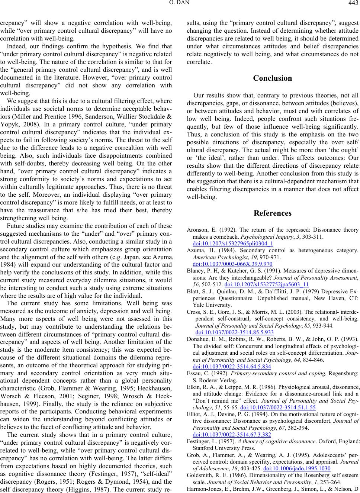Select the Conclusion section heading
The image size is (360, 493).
273,78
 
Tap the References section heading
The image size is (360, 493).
273,213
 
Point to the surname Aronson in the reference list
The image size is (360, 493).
196,230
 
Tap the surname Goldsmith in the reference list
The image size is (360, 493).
200,475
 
